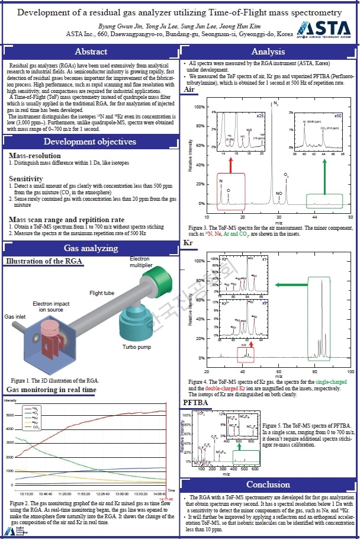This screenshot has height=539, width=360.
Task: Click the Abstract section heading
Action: point(91,52)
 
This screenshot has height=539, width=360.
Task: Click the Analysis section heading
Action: point(268,52)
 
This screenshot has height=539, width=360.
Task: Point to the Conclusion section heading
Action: point(268,485)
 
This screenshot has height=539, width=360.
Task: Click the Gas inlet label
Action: point(17,318)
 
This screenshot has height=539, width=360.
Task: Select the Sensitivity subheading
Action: point(25,178)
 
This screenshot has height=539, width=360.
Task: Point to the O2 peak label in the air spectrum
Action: point(287,175)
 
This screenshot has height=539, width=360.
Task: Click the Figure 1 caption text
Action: point(54,380)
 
